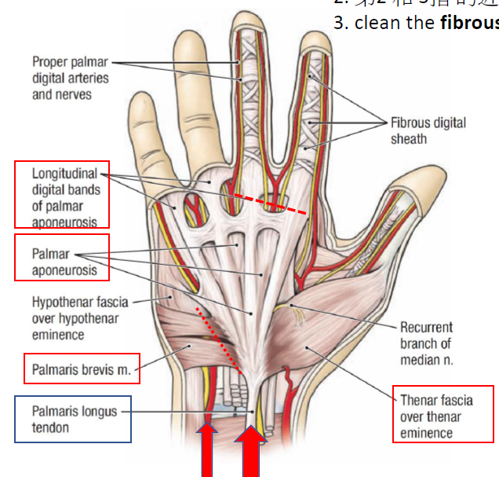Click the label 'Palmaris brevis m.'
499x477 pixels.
[81, 369]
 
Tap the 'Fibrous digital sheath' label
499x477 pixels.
[428, 130]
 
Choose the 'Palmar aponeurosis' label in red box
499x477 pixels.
[64, 262]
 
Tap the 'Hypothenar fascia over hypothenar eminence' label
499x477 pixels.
[79, 317]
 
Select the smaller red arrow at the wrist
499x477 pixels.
[207, 452]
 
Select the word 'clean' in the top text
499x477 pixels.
[373, 22]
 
